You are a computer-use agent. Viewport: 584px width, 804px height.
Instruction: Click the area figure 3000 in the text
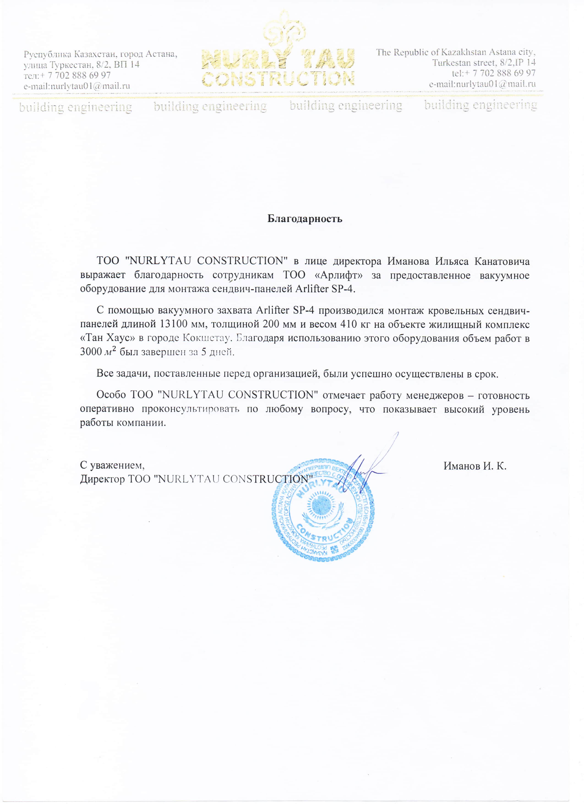[x=91, y=352]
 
